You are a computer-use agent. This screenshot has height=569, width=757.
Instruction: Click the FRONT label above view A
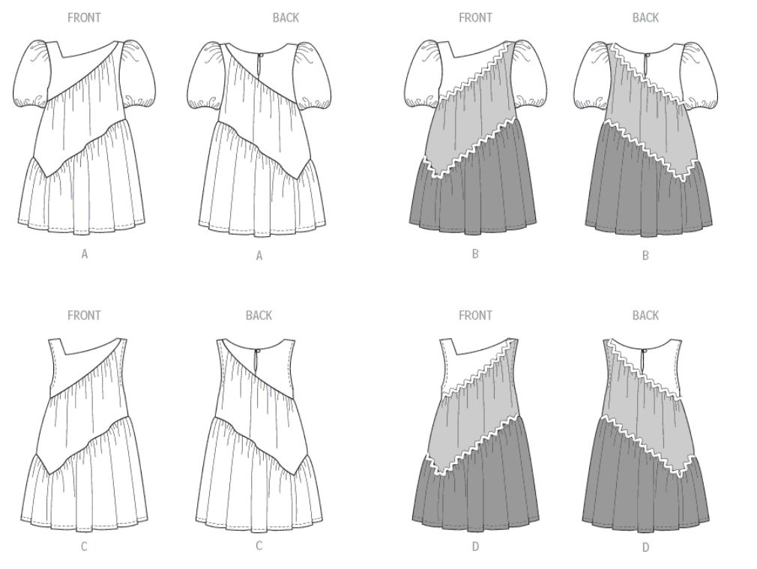point(84,18)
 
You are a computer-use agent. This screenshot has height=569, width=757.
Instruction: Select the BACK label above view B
point(645,18)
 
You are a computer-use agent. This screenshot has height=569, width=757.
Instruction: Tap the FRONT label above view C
point(84,316)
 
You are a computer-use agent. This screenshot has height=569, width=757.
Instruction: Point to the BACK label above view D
point(645,316)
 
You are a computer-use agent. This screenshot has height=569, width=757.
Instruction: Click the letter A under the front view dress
point(85,254)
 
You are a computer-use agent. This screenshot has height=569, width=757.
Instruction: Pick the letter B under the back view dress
point(645,256)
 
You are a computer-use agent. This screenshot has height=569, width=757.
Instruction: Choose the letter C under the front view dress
point(84,547)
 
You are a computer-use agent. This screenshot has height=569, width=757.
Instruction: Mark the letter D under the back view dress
point(645,547)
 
